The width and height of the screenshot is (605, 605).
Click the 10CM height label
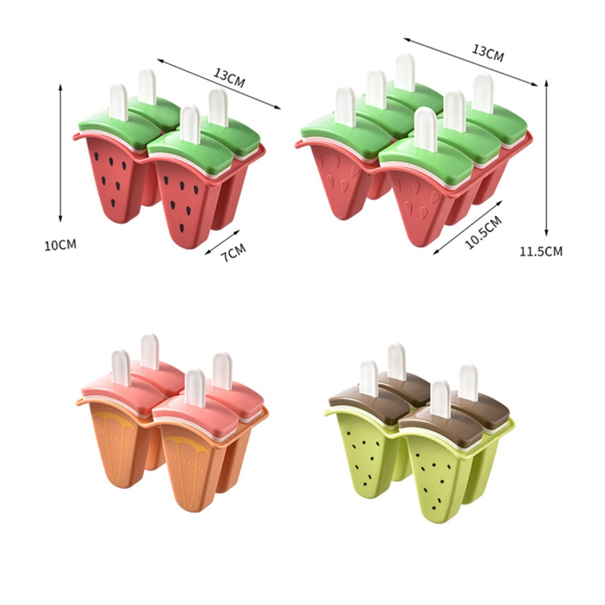tap(60, 245)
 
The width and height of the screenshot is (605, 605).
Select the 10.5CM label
tap(483, 232)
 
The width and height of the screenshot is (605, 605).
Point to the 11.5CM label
tap(540, 251)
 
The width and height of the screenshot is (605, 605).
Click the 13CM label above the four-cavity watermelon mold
tap(229, 77)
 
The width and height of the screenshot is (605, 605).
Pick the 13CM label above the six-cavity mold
tap(488, 53)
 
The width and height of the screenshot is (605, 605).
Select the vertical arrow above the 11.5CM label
tap(546, 157)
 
